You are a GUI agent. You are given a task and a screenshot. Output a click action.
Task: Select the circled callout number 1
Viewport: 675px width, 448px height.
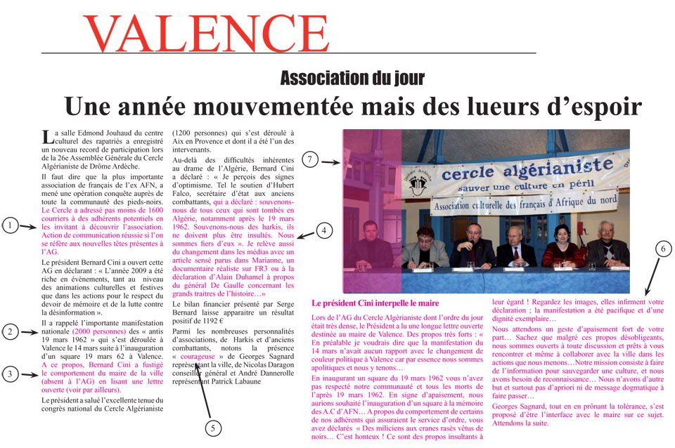pos(10,225)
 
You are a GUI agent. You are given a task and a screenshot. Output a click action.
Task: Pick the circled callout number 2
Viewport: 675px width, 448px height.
pos(10,332)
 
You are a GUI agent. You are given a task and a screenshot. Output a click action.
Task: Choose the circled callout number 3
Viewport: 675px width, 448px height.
pos(10,374)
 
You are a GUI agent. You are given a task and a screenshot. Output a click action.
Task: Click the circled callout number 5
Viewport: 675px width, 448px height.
pos(215,426)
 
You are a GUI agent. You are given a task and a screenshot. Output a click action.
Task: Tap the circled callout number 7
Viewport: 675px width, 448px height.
pos(309,159)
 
